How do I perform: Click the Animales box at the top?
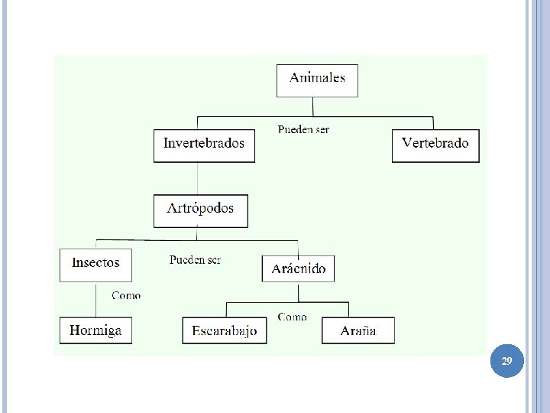[x=317, y=80]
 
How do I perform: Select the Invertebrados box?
[x=204, y=145]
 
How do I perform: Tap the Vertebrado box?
[x=435, y=145]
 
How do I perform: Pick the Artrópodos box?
[x=200, y=210]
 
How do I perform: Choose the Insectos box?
[x=95, y=265]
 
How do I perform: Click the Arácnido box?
[x=298, y=268]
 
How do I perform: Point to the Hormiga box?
[x=95, y=330]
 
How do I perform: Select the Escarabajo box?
[x=225, y=330]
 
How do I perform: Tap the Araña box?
[x=357, y=330]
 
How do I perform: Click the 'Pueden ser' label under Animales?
[x=303, y=129]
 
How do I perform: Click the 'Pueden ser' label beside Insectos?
[x=195, y=260]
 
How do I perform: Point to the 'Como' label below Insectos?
[x=126, y=295]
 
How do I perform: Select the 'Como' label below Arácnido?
[x=292, y=316]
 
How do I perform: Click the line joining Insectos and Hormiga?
[x=95, y=299]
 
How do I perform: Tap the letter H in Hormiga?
[x=75, y=330]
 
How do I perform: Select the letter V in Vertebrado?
[x=407, y=143]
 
